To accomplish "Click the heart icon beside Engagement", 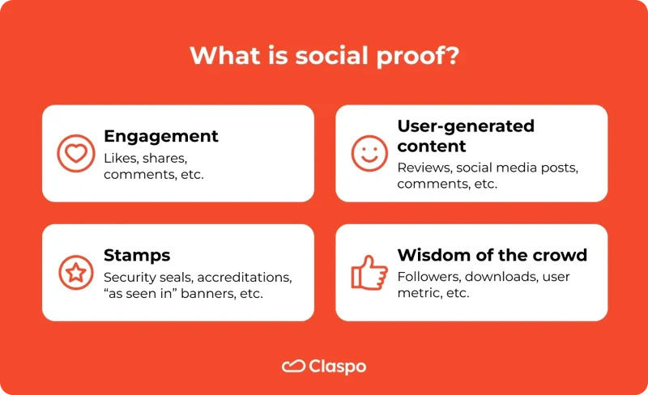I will pyautogui.click(x=75, y=154).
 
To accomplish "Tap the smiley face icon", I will pyautogui.click(x=369, y=154).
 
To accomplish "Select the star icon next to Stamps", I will pyautogui.click(x=75, y=273).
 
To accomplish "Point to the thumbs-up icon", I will pyautogui.click(x=369, y=273).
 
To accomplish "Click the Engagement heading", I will pyautogui.click(x=161, y=135).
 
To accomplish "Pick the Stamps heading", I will pyautogui.click(x=137, y=255).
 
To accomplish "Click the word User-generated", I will pyautogui.click(x=466, y=126).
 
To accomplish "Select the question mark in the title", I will pyautogui.click(x=451, y=57).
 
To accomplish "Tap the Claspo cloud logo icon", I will pyautogui.click(x=292, y=367).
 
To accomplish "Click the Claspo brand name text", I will pyautogui.click(x=337, y=367).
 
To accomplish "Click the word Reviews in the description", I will pyautogui.click(x=423, y=167).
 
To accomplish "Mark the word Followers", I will pyautogui.click(x=428, y=277).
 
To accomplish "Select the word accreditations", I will pyautogui.click(x=249, y=277).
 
